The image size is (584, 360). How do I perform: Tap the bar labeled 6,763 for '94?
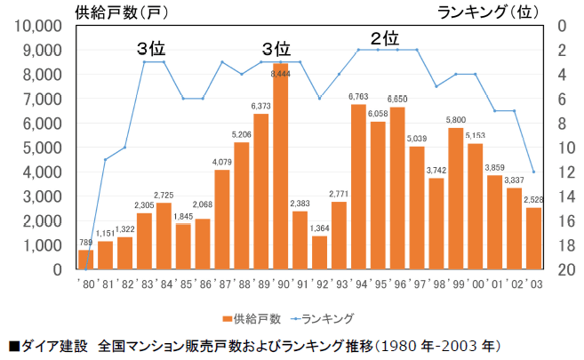point(358,187)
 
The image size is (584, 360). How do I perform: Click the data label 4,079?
point(222,162)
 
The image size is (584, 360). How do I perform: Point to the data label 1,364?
point(320,228)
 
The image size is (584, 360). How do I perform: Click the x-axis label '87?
point(222,284)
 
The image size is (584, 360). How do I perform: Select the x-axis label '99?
point(456,284)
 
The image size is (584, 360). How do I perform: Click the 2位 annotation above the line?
point(384,38)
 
